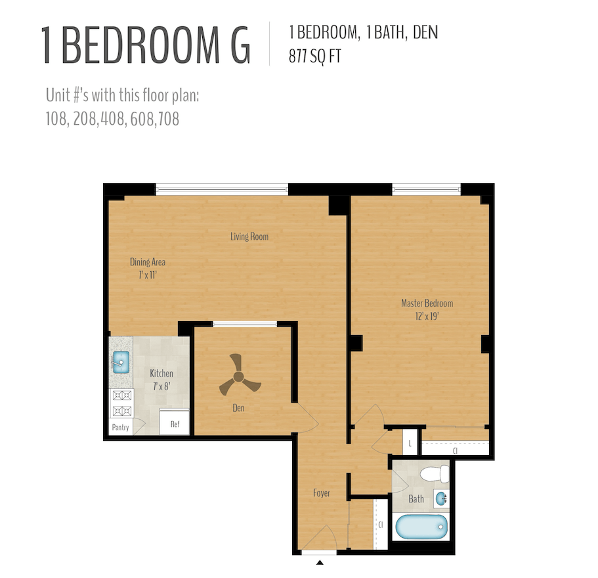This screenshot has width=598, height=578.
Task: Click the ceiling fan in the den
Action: [237, 376]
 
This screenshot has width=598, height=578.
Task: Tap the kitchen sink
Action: [121, 361]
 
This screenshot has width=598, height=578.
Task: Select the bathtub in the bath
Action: [420, 527]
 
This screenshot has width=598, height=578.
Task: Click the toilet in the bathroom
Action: [434, 474]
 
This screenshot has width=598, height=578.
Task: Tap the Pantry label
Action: [120, 428]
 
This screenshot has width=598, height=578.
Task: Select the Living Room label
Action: [249, 236]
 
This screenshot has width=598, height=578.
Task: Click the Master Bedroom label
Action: [427, 303]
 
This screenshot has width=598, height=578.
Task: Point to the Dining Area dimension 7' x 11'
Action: [147, 276]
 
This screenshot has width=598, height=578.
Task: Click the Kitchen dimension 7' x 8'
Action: [161, 386]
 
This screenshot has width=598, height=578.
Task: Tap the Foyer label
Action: [321, 493]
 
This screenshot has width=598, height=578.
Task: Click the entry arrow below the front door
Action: [320, 563]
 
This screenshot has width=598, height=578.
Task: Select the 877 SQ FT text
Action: [315, 57]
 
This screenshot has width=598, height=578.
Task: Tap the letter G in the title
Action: [235, 45]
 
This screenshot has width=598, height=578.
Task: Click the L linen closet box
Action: [410, 443]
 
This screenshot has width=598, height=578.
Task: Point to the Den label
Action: [238, 409]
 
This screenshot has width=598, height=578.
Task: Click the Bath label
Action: [416, 499]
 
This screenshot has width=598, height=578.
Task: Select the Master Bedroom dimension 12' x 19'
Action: [427, 317]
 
